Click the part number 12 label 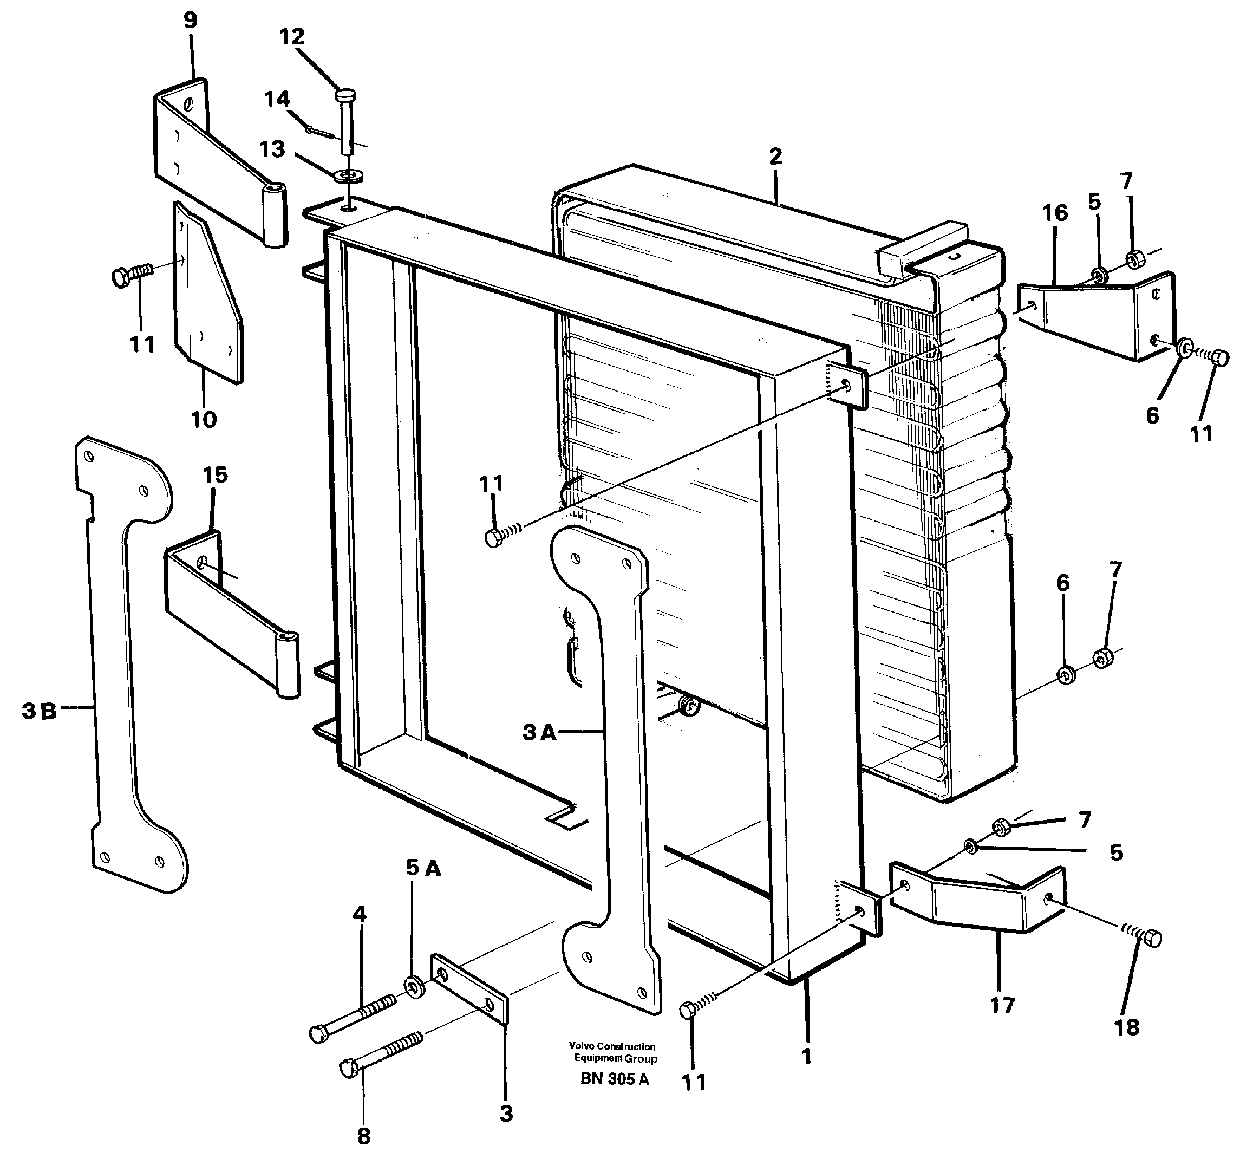click(292, 37)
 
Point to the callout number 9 click(191, 21)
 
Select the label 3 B click(39, 711)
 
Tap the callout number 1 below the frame click(806, 1057)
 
